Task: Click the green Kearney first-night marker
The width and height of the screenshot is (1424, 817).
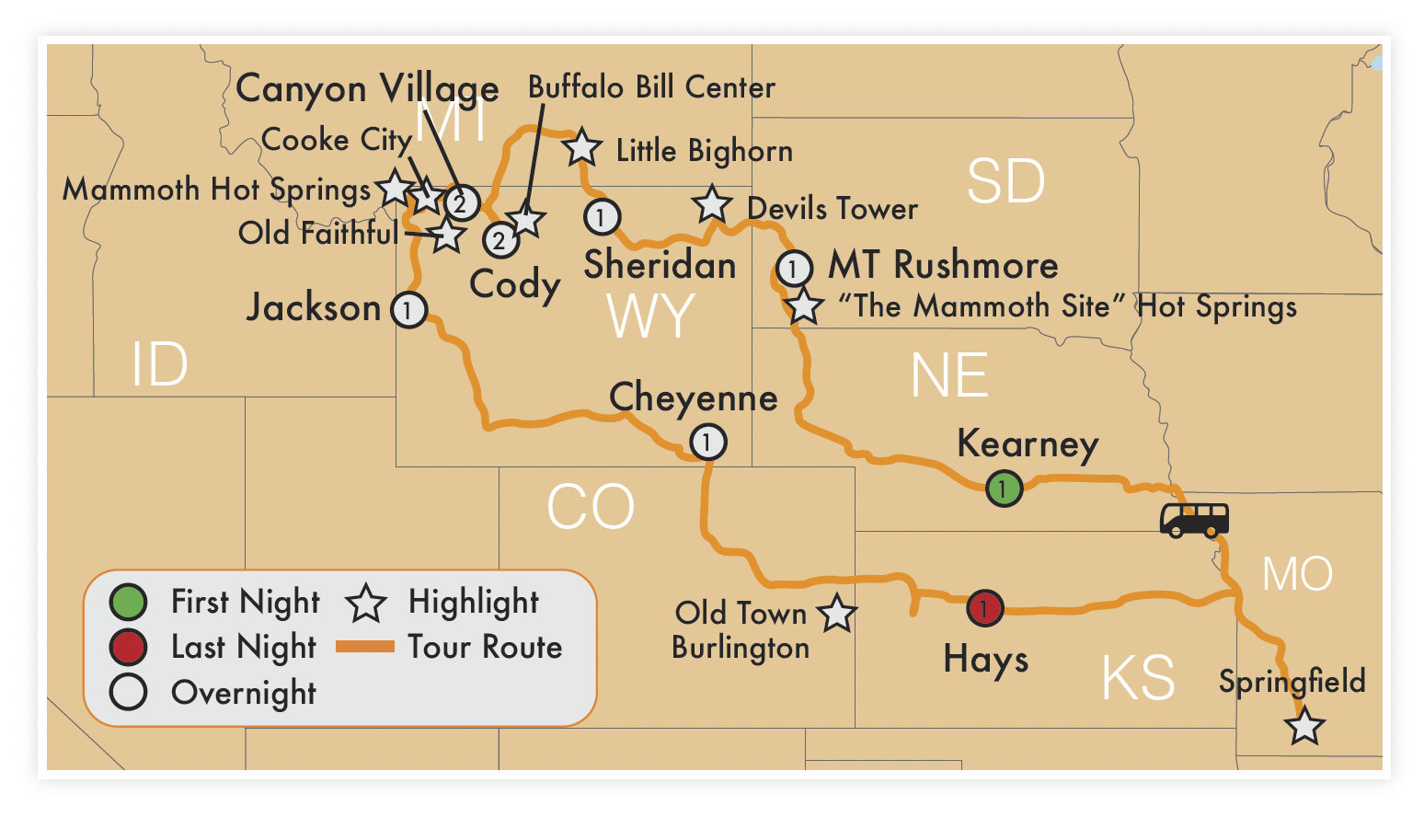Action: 1004,488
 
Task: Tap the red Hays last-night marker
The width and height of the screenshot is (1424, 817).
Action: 984,608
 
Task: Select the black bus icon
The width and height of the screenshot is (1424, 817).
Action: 1193,520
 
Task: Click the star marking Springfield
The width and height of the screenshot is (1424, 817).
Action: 1304,727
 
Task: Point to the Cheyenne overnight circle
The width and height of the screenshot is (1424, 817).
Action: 707,443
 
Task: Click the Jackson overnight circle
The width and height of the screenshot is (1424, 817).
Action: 408,310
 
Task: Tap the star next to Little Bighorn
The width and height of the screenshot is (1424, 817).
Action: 581,147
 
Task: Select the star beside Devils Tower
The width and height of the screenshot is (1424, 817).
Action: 711,203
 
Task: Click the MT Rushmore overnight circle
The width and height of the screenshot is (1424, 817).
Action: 794,269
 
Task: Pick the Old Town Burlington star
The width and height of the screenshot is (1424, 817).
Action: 836,614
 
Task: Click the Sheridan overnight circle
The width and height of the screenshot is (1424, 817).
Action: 602,217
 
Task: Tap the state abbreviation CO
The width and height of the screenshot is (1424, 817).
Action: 591,507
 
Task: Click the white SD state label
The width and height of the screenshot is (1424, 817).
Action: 1005,181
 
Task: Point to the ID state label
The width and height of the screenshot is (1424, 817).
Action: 159,364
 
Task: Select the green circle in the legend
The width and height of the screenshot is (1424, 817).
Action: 128,602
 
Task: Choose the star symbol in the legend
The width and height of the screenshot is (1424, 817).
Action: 366,603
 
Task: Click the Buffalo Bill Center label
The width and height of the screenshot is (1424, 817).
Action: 651,87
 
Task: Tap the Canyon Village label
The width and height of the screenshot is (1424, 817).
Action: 367,88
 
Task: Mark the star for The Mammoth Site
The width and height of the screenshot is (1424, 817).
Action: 803,306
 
